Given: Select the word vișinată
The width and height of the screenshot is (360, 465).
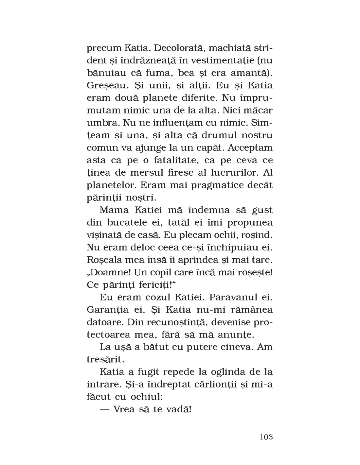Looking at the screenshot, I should [x=104, y=235].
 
